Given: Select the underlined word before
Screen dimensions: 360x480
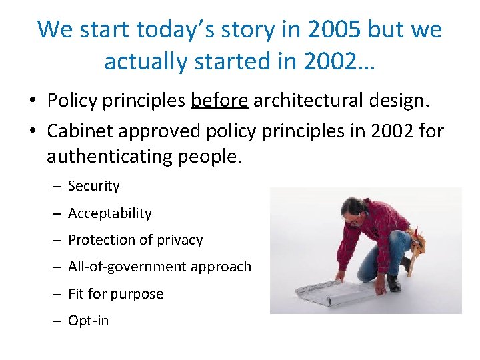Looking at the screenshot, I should [219, 100].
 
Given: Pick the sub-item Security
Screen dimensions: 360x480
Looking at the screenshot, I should [93, 186].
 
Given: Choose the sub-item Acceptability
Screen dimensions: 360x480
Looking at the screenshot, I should [109, 213].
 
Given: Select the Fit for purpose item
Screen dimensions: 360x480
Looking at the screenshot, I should [115, 294].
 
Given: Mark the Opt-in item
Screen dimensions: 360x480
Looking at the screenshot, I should [88, 321].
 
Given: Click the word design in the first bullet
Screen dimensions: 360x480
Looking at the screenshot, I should [397, 100].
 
